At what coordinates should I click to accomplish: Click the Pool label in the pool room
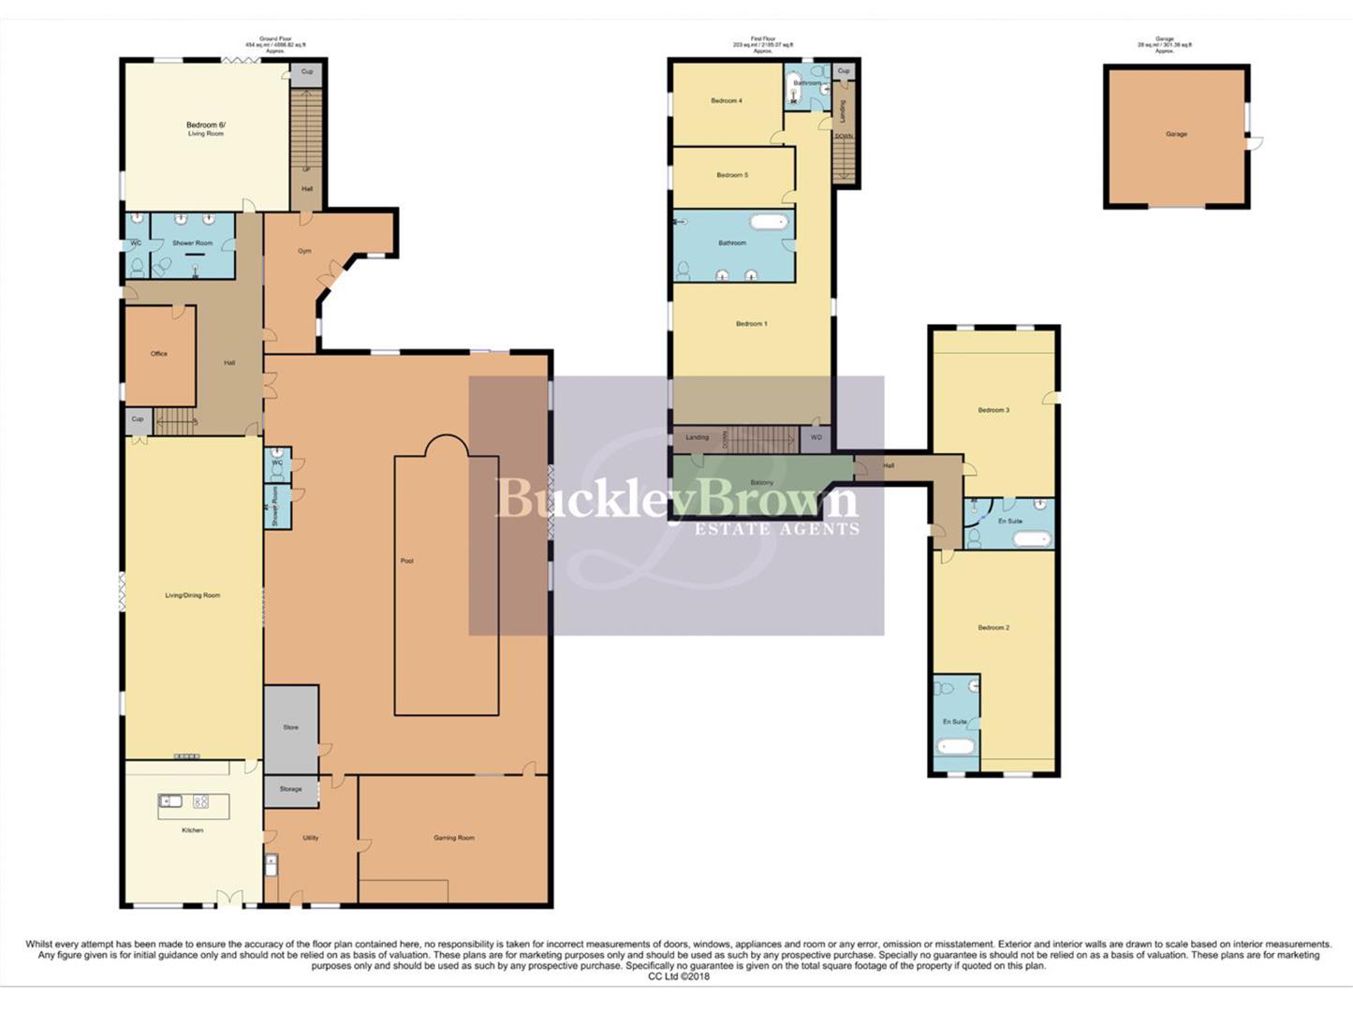[406, 561]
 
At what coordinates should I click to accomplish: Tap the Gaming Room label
[453, 838]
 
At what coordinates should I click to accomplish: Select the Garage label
[1176, 134]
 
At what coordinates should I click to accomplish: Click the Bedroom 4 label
[726, 100]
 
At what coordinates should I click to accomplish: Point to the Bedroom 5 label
[732, 175]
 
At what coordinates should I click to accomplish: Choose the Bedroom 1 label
[751, 324]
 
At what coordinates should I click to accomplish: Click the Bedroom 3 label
[993, 410]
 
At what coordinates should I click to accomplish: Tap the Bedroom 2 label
[993, 627]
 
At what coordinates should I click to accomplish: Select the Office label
[159, 354]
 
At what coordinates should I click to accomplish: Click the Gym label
[304, 251]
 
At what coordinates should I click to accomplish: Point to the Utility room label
[310, 838]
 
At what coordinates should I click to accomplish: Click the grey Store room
[291, 727]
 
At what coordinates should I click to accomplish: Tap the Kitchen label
[192, 830]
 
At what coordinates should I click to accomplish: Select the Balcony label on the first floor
[761, 483]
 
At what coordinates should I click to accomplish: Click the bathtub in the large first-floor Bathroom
[769, 223]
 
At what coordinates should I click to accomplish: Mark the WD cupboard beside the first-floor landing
[816, 437]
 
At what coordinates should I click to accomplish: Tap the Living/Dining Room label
[192, 595]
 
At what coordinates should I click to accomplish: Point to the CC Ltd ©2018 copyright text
[679, 976]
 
